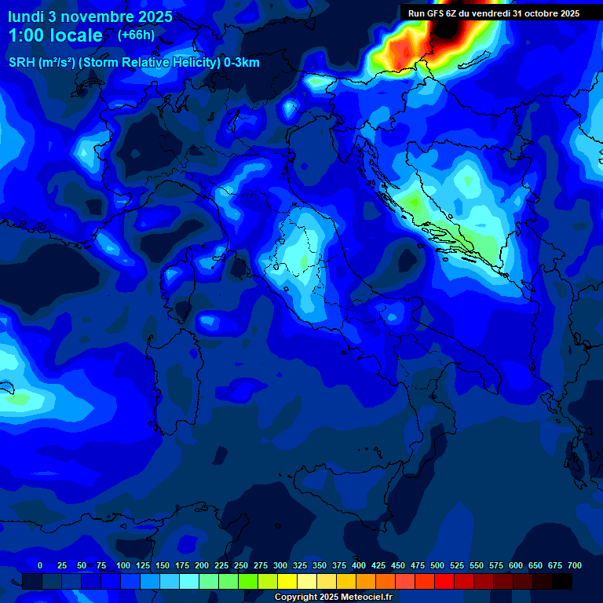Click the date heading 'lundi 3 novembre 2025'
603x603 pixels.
(x=90, y=16)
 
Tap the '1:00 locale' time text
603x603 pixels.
(x=55, y=35)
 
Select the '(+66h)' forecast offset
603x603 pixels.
(x=136, y=35)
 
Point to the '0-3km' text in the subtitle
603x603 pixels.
(x=242, y=63)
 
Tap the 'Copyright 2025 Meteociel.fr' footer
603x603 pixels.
(x=333, y=598)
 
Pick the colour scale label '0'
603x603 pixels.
(x=40, y=566)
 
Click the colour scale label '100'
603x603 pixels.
(x=123, y=566)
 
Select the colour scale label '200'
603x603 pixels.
(x=202, y=566)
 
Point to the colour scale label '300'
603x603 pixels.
(x=280, y=566)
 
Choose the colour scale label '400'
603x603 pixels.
(x=359, y=566)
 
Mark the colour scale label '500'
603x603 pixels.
(x=437, y=566)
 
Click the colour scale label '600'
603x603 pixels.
(x=516, y=566)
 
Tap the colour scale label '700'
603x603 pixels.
(x=575, y=566)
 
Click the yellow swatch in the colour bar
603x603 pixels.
(x=287, y=581)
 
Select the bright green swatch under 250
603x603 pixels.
(x=248, y=581)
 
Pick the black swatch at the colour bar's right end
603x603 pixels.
(x=562, y=581)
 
